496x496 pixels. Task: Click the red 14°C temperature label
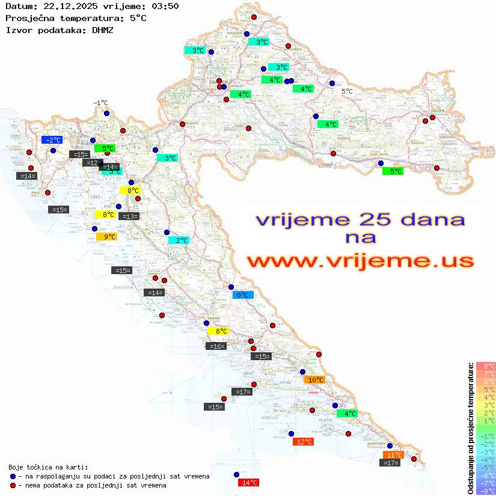coord(249,482)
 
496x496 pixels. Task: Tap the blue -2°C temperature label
coord(52,140)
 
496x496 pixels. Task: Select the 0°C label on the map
coord(243,295)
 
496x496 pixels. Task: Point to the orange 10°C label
coord(314,380)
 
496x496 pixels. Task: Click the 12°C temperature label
coord(304,442)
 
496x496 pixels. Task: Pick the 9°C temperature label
coord(107,237)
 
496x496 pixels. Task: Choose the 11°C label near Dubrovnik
coord(393,455)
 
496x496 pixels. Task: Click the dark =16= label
coord(216,346)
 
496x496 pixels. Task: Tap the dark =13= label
coord(129,216)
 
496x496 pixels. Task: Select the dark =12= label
coord(92,163)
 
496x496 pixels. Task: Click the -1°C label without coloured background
coord(100,103)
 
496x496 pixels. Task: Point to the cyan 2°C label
coord(179,240)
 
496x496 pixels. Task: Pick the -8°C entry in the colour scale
coord(486,491)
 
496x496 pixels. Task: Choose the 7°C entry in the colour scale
coord(486,373)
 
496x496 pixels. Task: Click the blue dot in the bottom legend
coord(13,476)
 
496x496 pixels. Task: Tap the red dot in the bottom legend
coord(13,485)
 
